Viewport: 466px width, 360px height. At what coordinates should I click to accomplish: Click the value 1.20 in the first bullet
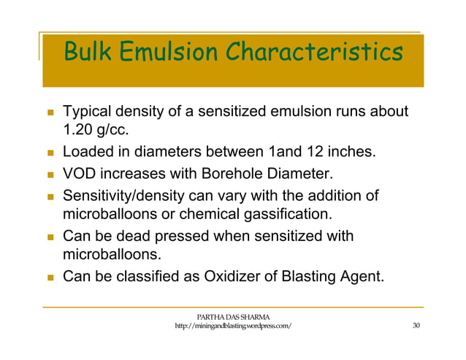click(80, 131)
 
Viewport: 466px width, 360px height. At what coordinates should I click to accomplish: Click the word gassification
click(287, 215)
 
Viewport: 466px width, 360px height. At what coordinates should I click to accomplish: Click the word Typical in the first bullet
click(88, 112)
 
